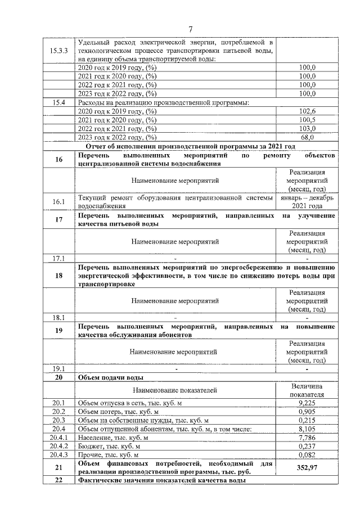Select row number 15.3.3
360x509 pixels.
59,51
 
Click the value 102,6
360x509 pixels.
307,111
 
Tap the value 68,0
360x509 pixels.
307,137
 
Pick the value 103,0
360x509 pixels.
307,128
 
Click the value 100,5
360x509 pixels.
307,120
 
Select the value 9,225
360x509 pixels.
307,403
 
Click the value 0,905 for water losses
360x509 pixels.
307,412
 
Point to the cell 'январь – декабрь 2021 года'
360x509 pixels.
307,202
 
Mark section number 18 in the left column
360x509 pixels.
59,276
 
